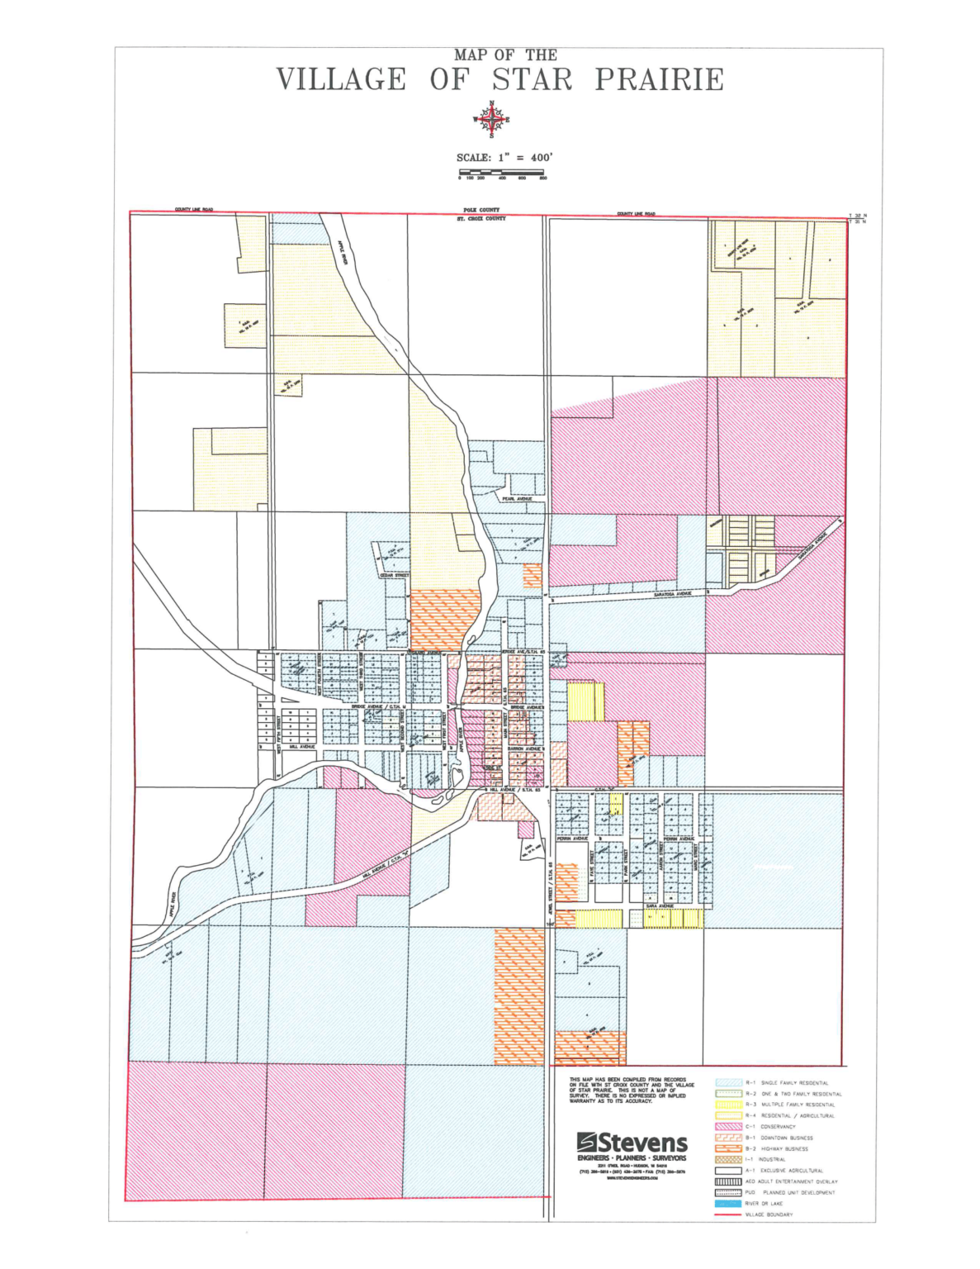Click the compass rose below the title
click(491, 120)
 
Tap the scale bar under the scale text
click(501, 173)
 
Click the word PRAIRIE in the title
click(659, 80)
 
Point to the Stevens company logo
click(632, 1143)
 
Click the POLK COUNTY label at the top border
click(481, 211)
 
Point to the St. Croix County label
click(481, 219)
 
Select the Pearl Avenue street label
click(518, 499)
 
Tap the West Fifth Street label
click(280, 734)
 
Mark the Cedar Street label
click(394, 576)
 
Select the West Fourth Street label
click(320, 670)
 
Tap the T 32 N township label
click(859, 216)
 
